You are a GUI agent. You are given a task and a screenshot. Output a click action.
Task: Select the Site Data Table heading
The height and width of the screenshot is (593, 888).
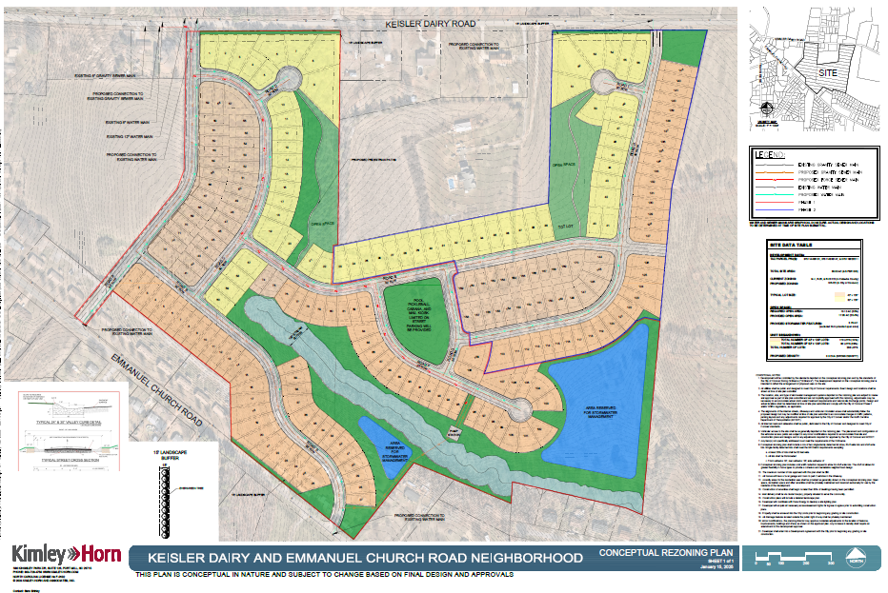click(x=791, y=245)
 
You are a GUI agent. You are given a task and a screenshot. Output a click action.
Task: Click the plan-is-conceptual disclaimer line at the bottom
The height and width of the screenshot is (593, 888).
click(x=324, y=576)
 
